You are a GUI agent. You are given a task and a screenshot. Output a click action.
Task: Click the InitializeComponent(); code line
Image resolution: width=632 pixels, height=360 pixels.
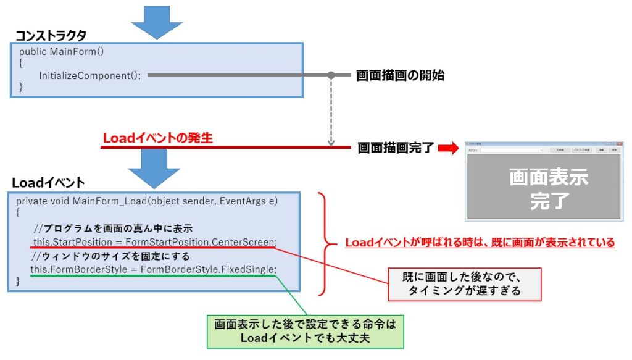(90, 75)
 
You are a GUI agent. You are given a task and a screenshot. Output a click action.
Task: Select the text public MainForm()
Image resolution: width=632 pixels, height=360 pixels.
(61, 51)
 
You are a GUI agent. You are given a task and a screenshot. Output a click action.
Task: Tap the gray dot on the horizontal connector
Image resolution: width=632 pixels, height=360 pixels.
(331, 75)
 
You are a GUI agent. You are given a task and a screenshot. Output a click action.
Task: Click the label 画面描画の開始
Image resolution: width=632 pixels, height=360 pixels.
(400, 76)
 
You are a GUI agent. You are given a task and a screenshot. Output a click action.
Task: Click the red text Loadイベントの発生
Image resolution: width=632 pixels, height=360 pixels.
(157, 138)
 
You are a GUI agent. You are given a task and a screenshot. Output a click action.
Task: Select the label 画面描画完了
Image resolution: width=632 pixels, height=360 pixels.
(396, 148)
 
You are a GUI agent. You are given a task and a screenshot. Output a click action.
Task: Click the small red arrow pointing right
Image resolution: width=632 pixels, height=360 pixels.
(449, 148)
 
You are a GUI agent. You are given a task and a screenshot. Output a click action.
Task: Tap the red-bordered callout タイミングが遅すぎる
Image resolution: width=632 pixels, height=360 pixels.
(464, 284)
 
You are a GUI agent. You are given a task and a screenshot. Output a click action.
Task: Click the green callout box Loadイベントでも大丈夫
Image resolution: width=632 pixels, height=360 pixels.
(304, 331)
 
